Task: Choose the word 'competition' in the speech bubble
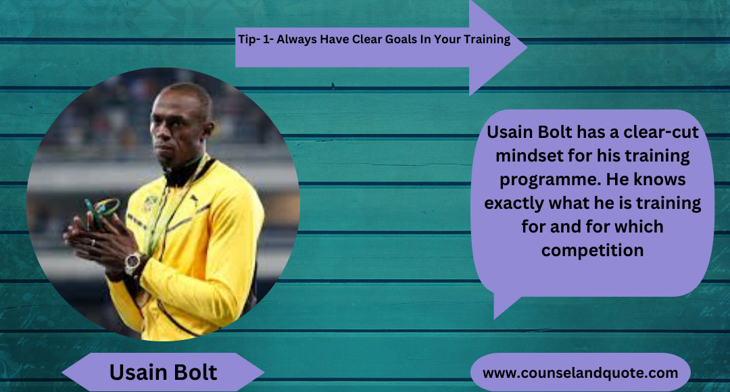(x=592, y=250)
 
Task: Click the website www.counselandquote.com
(x=580, y=373)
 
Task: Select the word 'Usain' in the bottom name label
(x=137, y=372)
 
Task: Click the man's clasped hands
(x=95, y=233)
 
